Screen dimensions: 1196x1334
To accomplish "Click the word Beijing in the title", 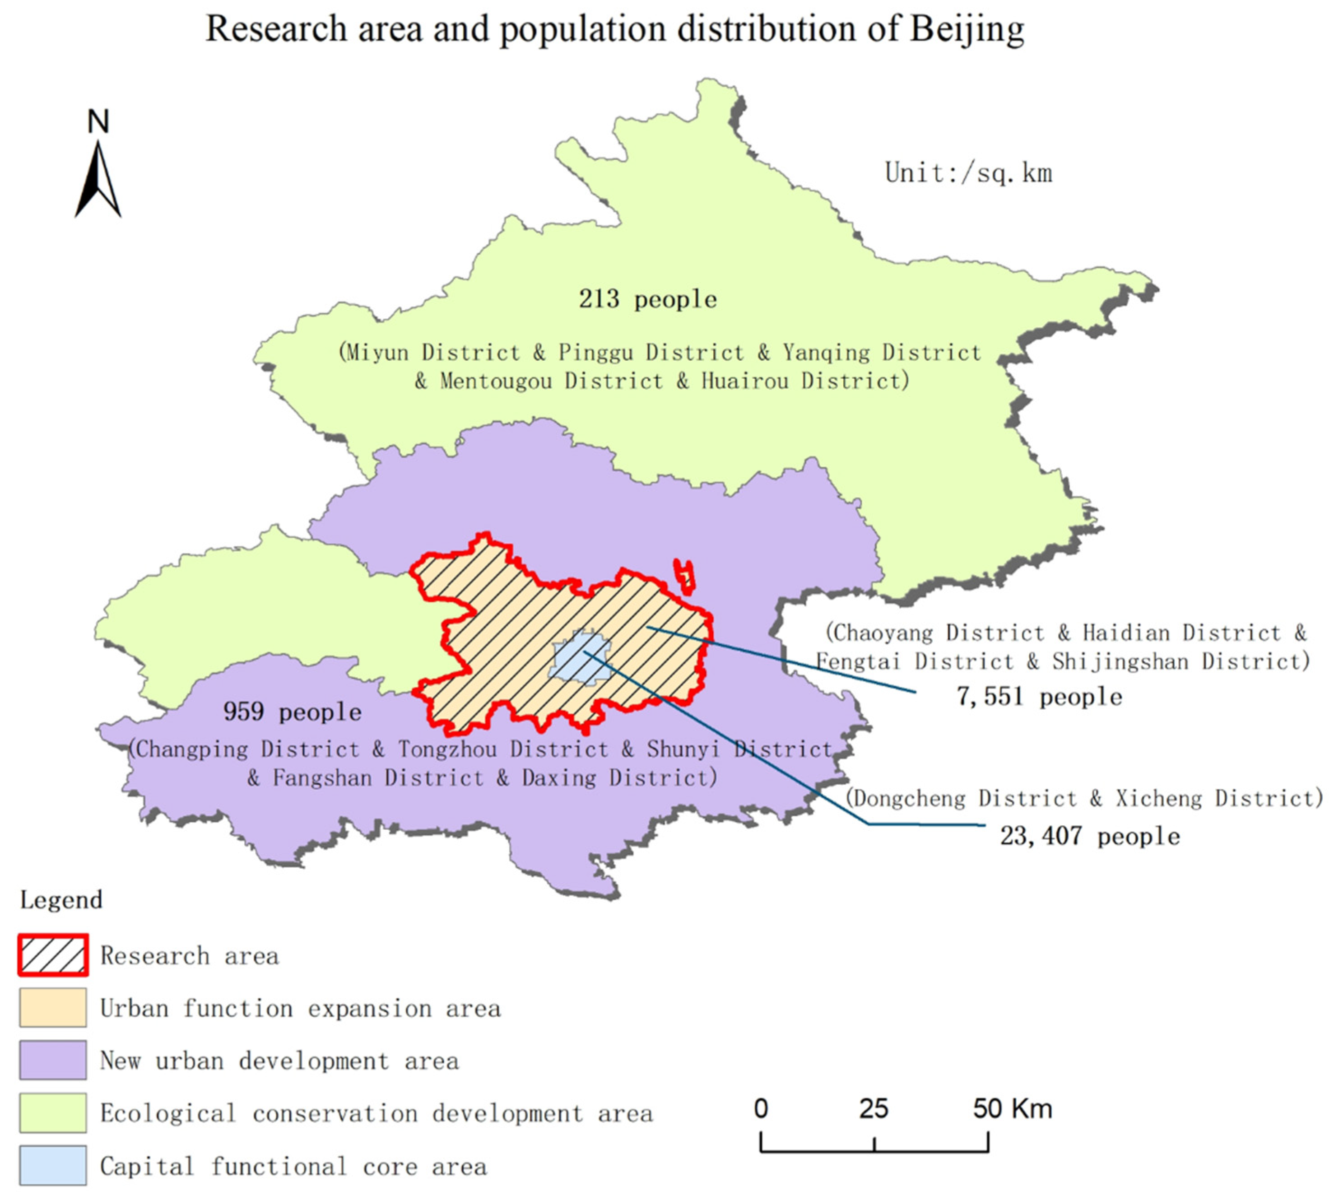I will (966, 29).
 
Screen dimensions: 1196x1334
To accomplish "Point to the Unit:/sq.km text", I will (968, 173).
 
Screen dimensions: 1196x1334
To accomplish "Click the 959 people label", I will (293, 712).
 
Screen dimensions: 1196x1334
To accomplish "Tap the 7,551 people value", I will (1039, 697).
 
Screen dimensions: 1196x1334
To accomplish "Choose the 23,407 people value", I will (1089, 836).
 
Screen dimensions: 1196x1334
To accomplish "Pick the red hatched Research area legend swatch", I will (52, 955).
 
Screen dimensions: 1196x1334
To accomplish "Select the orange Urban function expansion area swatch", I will (52, 1007).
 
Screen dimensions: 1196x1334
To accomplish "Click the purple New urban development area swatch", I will (52, 1060).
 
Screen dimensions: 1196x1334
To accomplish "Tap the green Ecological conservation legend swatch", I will (52, 1112).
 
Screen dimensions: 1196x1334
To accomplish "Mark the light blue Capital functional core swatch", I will (52, 1165).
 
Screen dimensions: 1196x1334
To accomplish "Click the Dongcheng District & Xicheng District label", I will (1083, 798).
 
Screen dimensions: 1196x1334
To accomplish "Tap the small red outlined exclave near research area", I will (685, 576).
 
